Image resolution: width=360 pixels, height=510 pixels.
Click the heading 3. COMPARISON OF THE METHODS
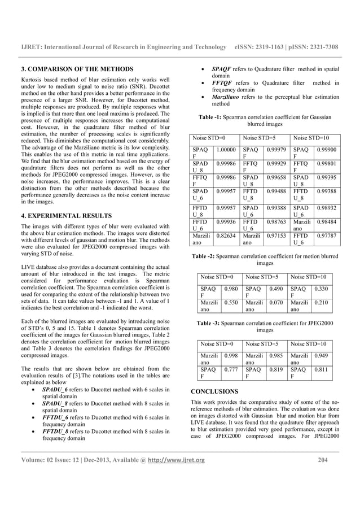[x=77, y=69]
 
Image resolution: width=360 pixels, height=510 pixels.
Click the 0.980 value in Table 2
[x=230, y=289]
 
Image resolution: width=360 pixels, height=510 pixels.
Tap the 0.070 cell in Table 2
[x=275, y=303]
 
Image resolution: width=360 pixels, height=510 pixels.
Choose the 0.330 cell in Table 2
[x=321, y=289]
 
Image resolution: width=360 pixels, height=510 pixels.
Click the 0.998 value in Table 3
[x=230, y=356]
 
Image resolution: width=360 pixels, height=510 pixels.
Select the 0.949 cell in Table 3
[x=321, y=356]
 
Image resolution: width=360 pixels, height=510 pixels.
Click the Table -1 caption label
[x=213, y=117]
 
